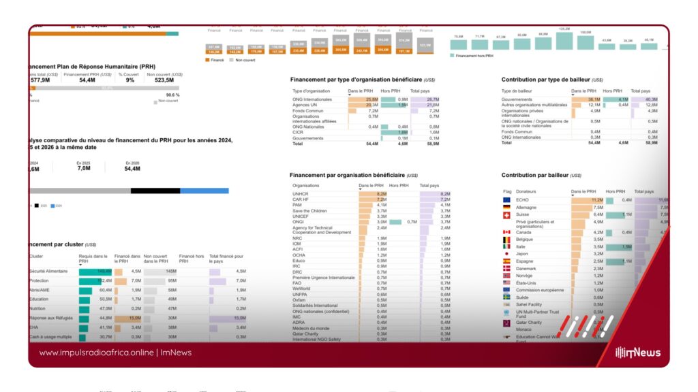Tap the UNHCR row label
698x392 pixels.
point(301,194)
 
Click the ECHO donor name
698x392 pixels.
point(523,200)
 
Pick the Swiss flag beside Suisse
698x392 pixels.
point(506,215)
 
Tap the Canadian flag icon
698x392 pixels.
point(506,233)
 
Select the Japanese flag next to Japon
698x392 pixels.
point(506,254)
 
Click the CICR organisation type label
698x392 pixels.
point(299,132)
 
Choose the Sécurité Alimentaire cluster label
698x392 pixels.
point(48,271)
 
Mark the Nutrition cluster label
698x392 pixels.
point(38,308)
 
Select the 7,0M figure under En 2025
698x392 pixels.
point(84,168)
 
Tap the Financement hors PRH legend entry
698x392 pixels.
point(474,55)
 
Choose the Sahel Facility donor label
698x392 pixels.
point(529,304)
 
